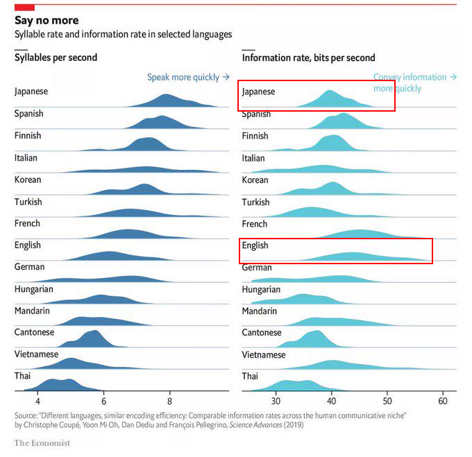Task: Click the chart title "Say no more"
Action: tap(47, 21)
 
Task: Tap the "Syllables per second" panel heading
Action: tap(56, 58)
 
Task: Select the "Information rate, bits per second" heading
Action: tap(308, 58)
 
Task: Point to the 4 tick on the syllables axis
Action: tap(38, 401)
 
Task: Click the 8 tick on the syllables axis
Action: tap(169, 401)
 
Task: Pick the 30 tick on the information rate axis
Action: tap(276, 401)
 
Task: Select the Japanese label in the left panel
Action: tap(31, 91)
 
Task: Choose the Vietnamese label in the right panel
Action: tap(264, 355)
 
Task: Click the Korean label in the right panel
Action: tap(255, 180)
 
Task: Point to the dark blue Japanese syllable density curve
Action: tap(167, 101)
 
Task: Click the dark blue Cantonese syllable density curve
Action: tap(90, 340)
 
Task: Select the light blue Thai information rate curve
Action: tap(292, 385)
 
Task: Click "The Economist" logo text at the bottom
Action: tap(47, 442)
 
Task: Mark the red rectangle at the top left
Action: tap(24, 7)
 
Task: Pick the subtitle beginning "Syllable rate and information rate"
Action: tap(124, 34)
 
